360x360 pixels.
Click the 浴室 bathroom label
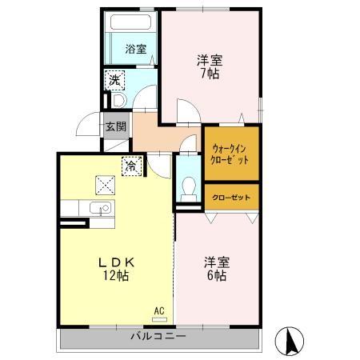coord(135,50)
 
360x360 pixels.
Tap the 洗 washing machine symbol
coord(115,80)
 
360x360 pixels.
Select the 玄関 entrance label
coord(115,126)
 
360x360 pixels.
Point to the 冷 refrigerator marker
coord(130,167)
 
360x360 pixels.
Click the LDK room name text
coord(115,262)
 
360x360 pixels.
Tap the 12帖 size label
coord(116,276)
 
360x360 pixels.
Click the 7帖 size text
coord(210,74)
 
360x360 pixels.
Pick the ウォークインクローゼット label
coord(231,152)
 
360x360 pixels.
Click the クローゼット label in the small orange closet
coord(231,196)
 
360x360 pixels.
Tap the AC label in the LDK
coord(158,310)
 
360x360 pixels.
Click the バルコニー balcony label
coord(158,337)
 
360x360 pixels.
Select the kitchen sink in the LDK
coord(101,210)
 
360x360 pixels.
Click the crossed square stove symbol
coord(106,184)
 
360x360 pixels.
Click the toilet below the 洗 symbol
coord(116,101)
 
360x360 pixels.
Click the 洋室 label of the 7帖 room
coord(210,59)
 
